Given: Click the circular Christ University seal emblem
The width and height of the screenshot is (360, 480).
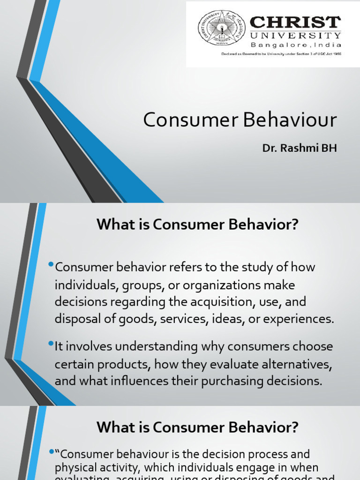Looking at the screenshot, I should (222, 28).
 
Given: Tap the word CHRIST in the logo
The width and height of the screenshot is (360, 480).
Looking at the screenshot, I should (295, 22).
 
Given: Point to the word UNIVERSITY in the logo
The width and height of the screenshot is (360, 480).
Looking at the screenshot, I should (295, 36).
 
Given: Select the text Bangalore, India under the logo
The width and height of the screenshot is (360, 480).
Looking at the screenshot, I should (295, 45).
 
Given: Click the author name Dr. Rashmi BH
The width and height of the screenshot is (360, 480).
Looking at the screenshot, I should (299, 148).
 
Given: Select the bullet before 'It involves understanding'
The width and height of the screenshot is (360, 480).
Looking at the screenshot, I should (51, 345).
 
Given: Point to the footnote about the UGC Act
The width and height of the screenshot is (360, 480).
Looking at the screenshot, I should (281, 54).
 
